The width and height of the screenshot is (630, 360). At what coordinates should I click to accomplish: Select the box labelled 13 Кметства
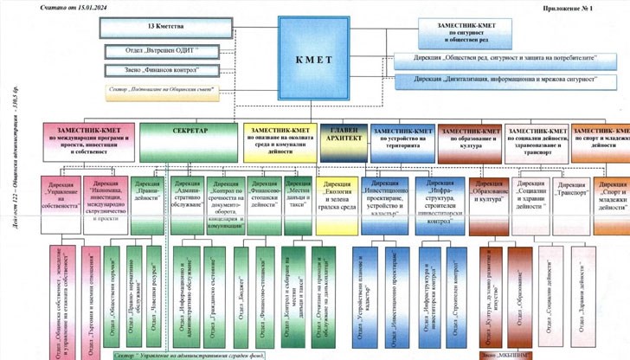pyautogui.click(x=157, y=28)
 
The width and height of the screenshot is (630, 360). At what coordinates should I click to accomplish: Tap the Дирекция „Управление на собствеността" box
pyautogui.click(x=62, y=194)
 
